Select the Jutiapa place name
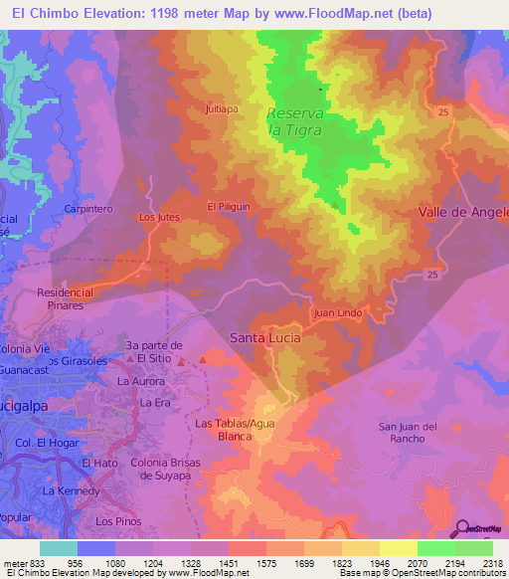221,109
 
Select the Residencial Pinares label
65,299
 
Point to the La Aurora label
139,381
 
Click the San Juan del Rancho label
408,433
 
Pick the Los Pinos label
113,521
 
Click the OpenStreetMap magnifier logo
464,528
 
